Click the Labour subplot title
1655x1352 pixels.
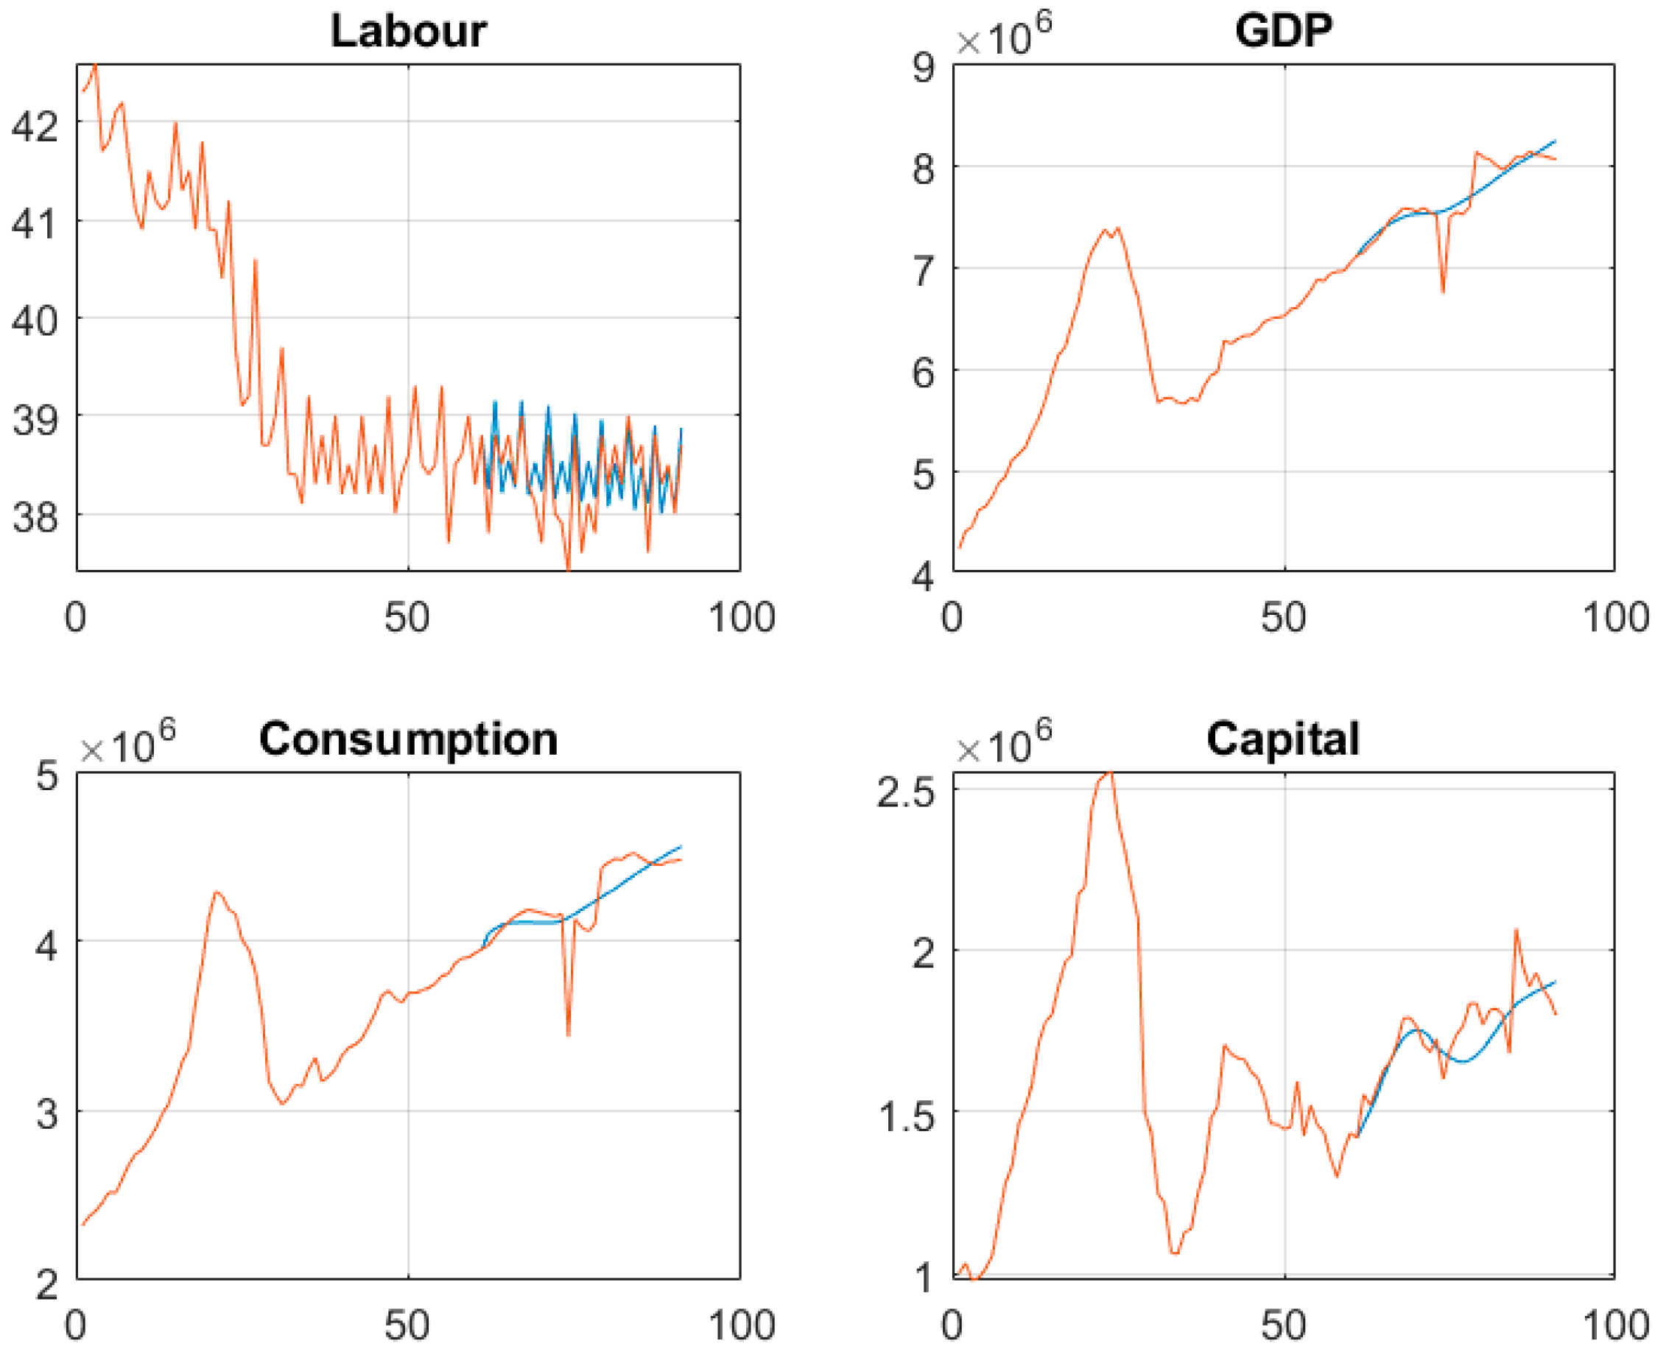pyautogui.click(x=408, y=31)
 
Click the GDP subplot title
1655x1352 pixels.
pyautogui.click(x=1284, y=31)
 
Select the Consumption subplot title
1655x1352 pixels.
pyautogui.click(x=408, y=739)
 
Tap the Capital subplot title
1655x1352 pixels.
pyautogui.click(x=1284, y=739)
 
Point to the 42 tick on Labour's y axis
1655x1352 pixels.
pyautogui.click(x=35, y=125)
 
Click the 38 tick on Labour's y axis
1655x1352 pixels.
pyautogui.click(x=35, y=517)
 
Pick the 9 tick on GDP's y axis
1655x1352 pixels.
pyautogui.click(x=924, y=68)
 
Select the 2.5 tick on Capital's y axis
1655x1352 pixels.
pyautogui.click(x=906, y=793)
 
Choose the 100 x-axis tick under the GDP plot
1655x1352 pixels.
pyautogui.click(x=1615, y=618)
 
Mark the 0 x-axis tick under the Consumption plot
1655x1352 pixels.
pyautogui.click(x=76, y=1325)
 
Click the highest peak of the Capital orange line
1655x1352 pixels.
pyautogui.click(x=1111, y=773)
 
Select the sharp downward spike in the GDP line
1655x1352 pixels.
pyautogui.click(x=1443, y=292)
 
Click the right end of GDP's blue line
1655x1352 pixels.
pyautogui.click(x=1556, y=141)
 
